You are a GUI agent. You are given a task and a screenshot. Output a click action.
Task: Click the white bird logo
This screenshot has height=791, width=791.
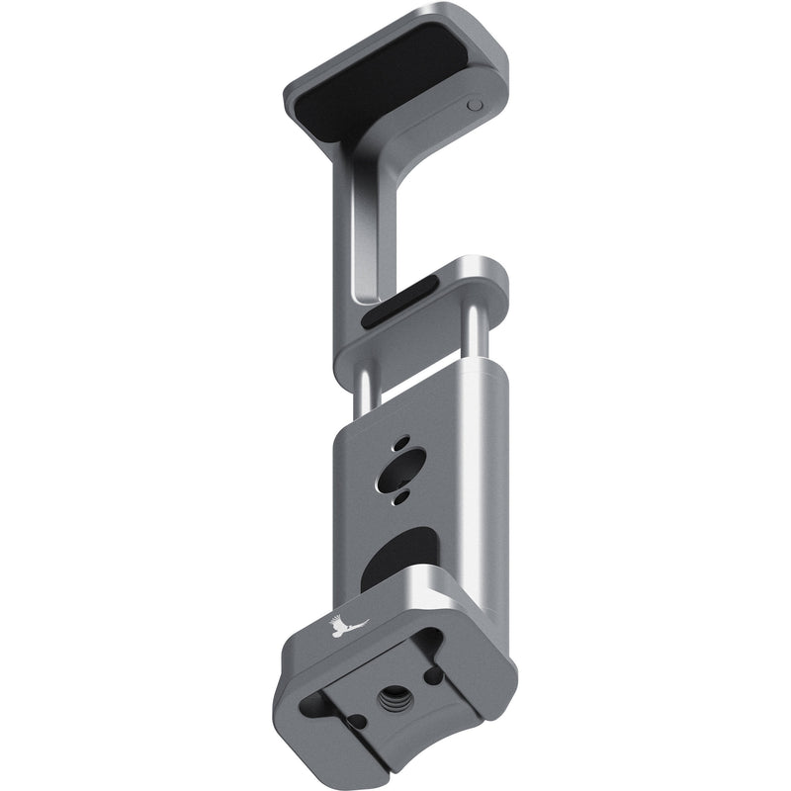[346, 626]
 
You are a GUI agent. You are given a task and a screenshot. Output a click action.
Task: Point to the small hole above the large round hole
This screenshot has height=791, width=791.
[403, 441]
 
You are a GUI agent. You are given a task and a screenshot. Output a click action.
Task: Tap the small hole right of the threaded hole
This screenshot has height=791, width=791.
[433, 674]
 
